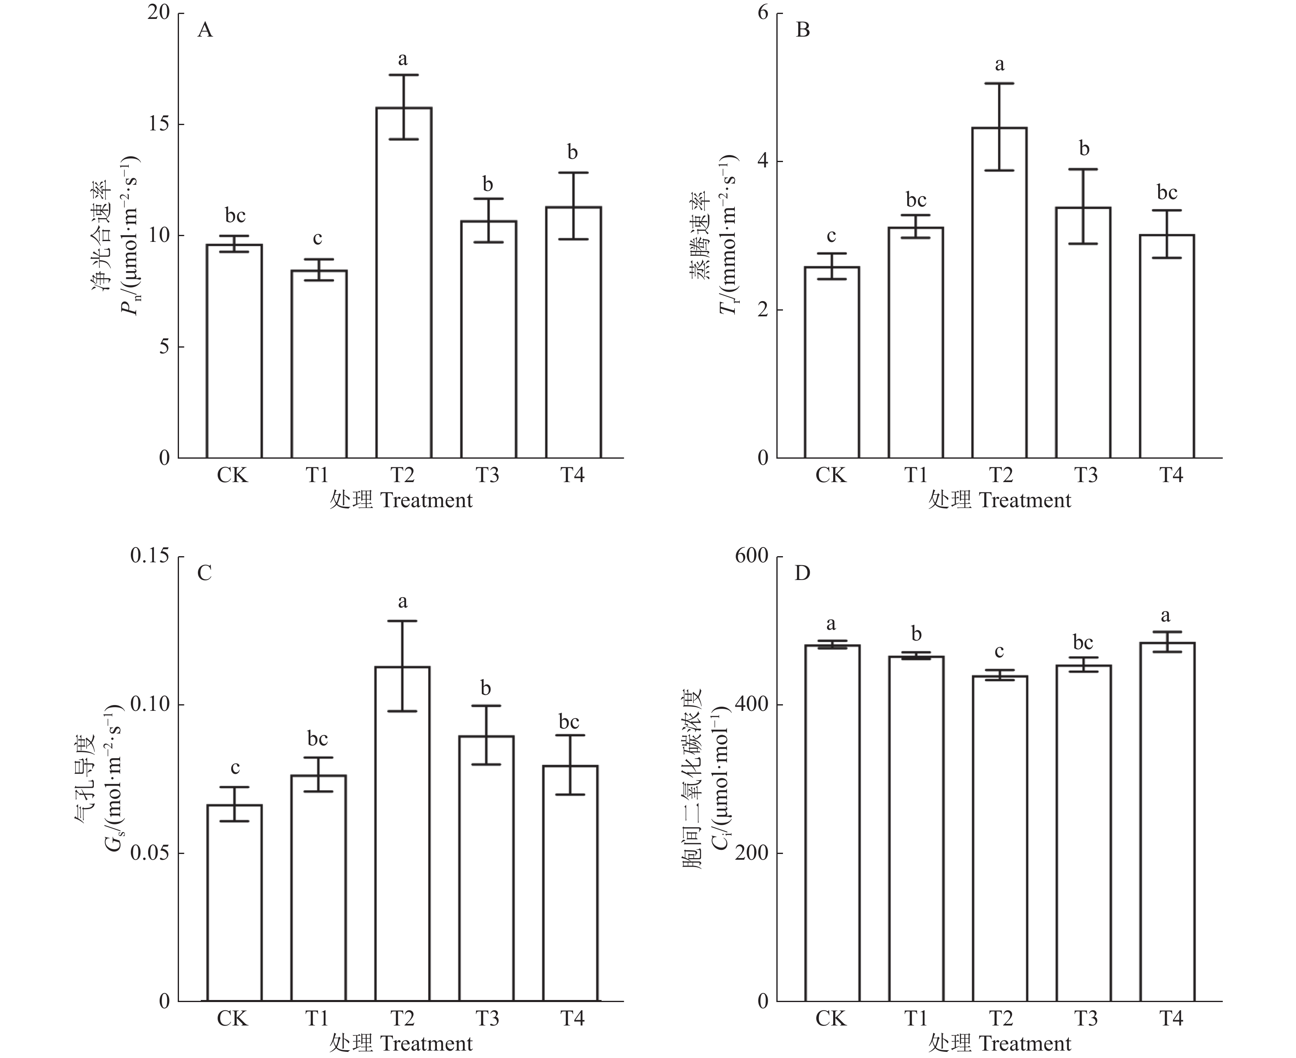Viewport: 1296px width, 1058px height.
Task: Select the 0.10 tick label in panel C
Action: click(149, 705)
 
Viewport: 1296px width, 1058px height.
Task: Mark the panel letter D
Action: click(803, 573)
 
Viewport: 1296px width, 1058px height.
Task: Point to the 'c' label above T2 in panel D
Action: click(999, 652)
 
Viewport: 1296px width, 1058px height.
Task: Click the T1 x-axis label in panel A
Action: click(317, 475)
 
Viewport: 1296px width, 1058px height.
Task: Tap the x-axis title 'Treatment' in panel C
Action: click(426, 1043)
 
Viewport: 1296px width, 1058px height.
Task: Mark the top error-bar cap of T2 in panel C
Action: click(402, 621)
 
